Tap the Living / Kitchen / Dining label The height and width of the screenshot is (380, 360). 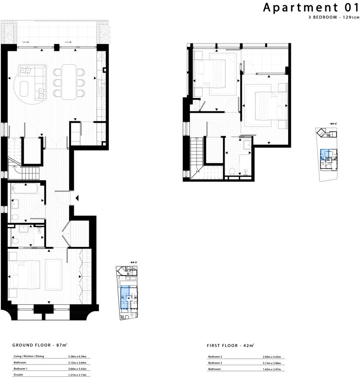pos(29,356)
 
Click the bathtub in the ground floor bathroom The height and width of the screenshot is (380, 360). pos(25,189)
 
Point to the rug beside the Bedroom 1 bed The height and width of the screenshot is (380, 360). pos(54,274)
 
